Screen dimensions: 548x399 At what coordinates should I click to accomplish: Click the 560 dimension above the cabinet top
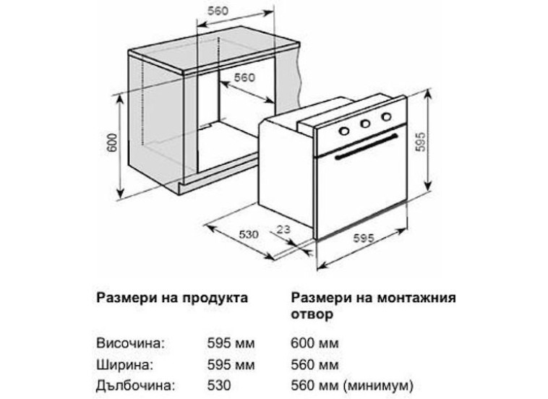pyautogui.click(x=218, y=11)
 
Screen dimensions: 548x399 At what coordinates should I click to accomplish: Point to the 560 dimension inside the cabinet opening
pyautogui.click(x=244, y=77)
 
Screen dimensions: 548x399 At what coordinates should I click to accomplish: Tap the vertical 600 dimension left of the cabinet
pyautogui.click(x=112, y=142)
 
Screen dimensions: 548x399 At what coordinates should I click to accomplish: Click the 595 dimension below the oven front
pyautogui.click(x=364, y=238)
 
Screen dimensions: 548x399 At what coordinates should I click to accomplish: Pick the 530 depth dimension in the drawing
pyautogui.click(x=249, y=234)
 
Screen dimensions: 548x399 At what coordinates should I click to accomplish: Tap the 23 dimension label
pyautogui.click(x=283, y=229)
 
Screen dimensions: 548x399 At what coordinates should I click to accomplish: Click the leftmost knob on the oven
pyautogui.click(x=344, y=131)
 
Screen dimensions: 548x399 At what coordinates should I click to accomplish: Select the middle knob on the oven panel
pyautogui.click(x=365, y=124)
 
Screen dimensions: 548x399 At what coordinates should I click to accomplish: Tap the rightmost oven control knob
pyautogui.click(x=386, y=116)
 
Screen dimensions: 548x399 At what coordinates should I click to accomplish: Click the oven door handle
pyautogui.click(x=366, y=147)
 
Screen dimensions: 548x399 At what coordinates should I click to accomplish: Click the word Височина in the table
pyautogui.click(x=130, y=343)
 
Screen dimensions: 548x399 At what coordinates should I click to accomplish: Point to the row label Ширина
pyautogui.click(x=125, y=365)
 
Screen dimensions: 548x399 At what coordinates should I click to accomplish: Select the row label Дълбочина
pyautogui.click(x=135, y=386)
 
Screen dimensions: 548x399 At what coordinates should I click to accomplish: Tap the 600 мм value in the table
pyautogui.click(x=314, y=343)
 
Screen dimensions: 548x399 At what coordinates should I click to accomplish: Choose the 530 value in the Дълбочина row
pyautogui.click(x=219, y=386)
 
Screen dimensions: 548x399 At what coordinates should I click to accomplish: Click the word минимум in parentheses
pyautogui.click(x=378, y=386)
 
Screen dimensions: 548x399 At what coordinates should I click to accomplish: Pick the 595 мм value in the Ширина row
pyautogui.click(x=231, y=365)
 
